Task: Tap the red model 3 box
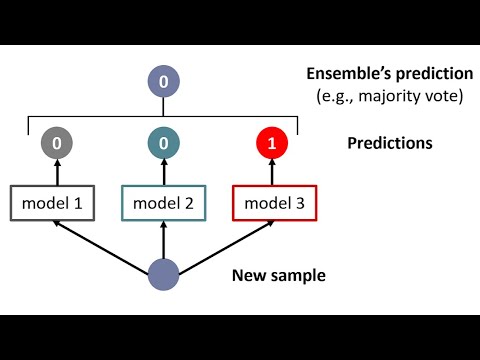273,204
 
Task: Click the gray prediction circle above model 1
57,144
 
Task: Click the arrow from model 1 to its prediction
57,173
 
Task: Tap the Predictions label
390,143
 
